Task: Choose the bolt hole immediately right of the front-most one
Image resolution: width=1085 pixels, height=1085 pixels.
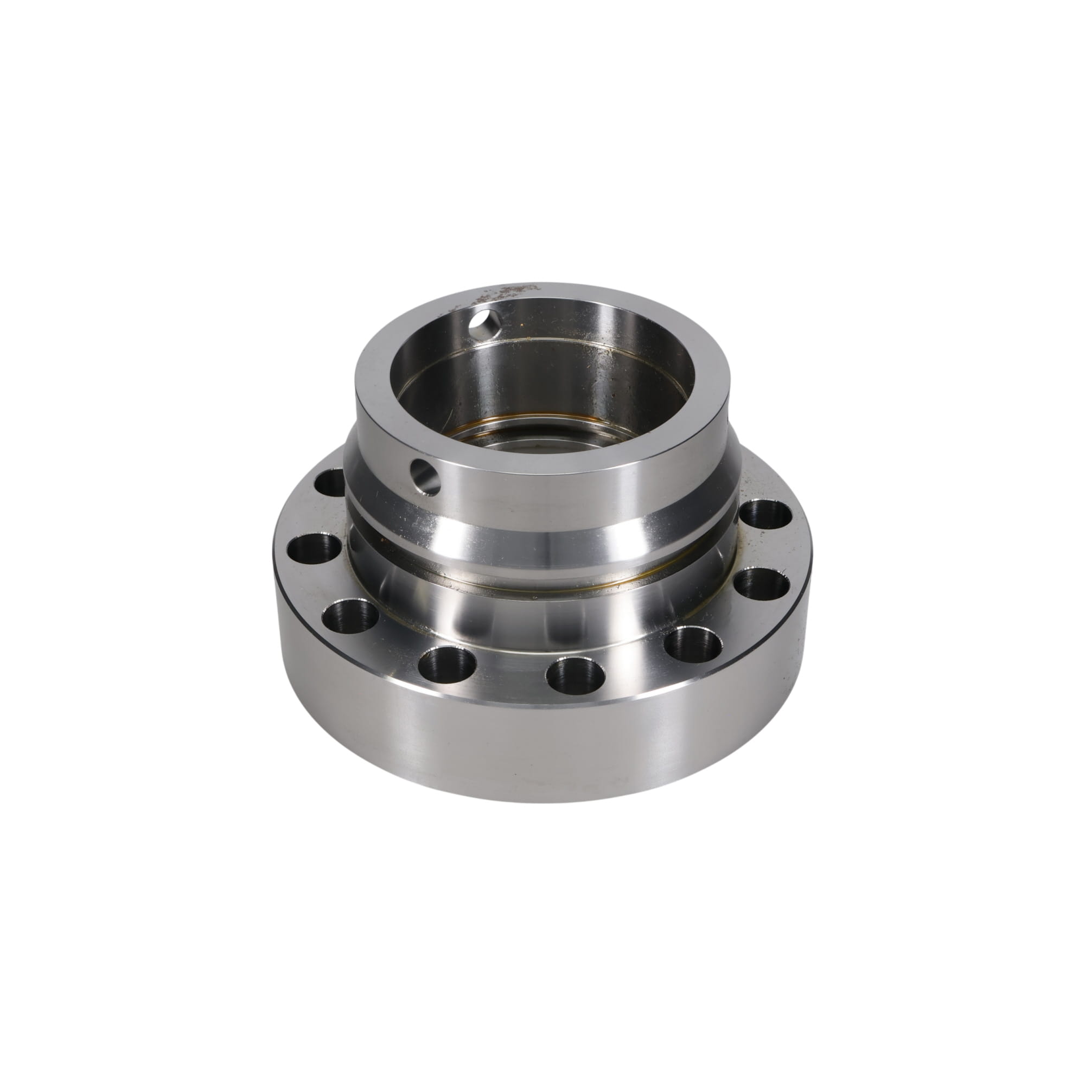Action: click(692, 643)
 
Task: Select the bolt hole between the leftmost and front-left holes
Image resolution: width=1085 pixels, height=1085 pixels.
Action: click(350, 615)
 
